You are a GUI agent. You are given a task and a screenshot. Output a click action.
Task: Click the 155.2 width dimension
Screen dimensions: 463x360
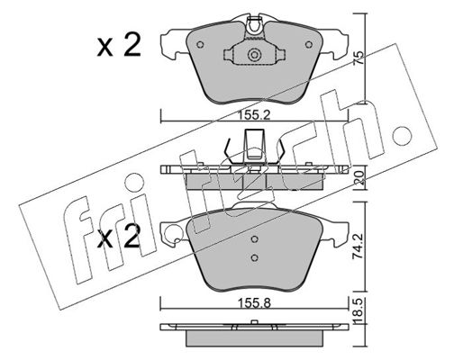coord(254,115)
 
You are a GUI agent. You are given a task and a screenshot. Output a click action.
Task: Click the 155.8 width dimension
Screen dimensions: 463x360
coord(254,303)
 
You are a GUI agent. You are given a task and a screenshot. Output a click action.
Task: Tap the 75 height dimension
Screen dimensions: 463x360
coord(358,58)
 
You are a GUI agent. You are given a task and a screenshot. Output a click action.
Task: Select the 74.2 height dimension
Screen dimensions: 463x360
coord(358,247)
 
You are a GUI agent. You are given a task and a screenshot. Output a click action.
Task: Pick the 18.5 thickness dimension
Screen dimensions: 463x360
coord(358,310)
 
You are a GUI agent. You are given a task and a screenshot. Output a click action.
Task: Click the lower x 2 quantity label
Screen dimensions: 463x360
coord(119,236)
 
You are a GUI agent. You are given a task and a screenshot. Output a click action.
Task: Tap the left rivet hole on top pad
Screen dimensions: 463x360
coord(200,45)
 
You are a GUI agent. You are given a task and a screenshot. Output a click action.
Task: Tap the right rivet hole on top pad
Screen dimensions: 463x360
coord(309,45)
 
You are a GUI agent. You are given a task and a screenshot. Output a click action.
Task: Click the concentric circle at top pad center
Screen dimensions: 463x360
coord(254,55)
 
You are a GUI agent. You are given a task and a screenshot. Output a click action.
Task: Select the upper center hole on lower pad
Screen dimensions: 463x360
coord(254,238)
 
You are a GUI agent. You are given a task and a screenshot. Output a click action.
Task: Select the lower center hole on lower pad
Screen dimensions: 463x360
coord(254,257)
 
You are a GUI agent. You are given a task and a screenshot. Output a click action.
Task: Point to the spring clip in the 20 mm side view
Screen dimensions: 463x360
coord(255,147)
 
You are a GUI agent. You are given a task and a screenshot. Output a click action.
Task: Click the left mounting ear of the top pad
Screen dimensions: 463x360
coord(174,43)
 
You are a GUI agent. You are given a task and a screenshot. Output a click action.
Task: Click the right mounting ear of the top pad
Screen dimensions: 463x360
coord(334,43)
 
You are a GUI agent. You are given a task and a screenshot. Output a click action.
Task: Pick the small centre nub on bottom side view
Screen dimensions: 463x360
coord(254,322)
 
